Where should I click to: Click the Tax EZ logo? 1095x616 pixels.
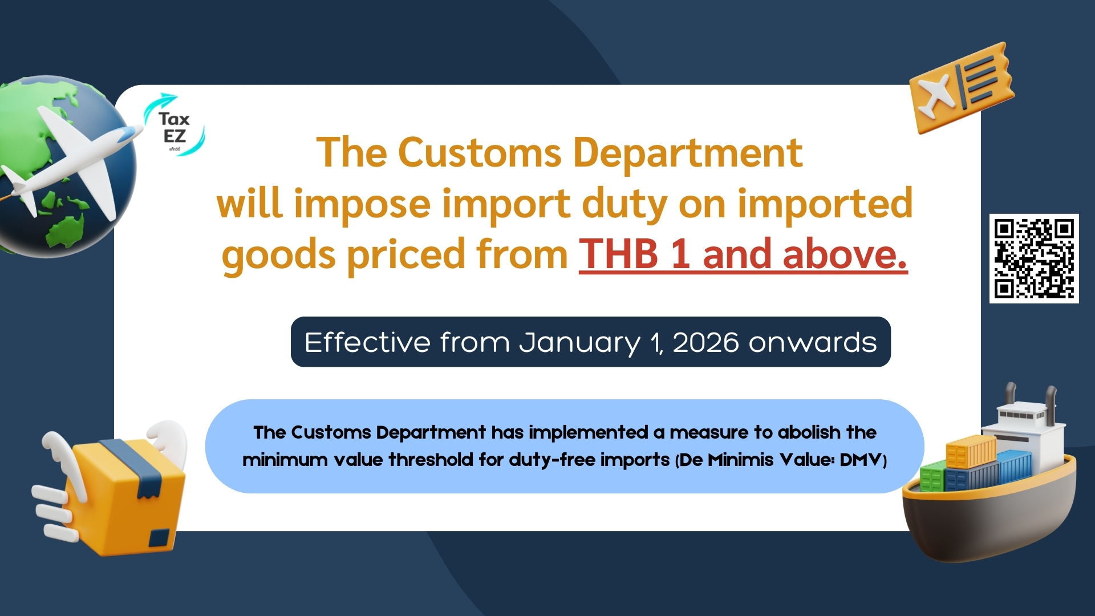(x=174, y=125)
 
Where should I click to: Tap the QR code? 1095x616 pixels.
(x=1034, y=258)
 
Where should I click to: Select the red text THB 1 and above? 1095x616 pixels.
(x=743, y=254)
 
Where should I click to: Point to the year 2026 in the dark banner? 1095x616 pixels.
(x=705, y=342)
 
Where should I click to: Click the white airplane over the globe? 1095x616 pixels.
(x=71, y=163)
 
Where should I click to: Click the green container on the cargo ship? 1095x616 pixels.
(x=931, y=476)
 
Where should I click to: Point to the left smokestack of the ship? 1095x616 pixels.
(x=1011, y=393)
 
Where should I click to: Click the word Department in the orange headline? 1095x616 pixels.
(x=688, y=154)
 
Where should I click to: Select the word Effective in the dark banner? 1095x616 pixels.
(x=367, y=342)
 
